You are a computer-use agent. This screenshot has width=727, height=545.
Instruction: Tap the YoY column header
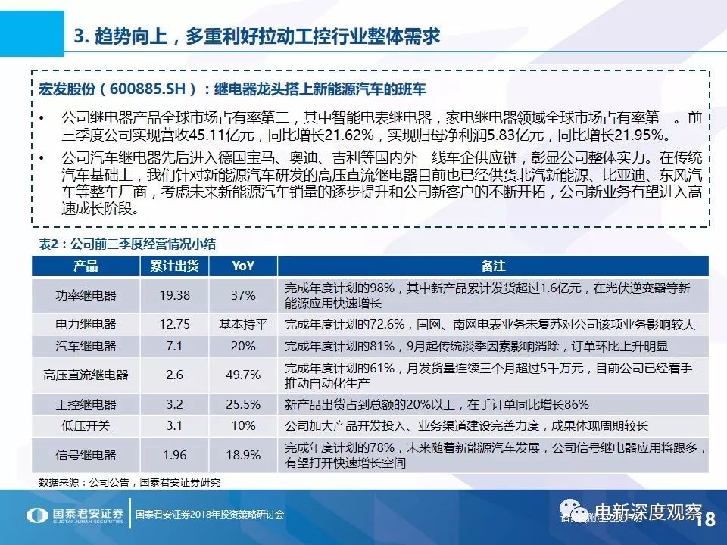(243, 266)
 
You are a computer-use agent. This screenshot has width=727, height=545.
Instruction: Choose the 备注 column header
(492, 266)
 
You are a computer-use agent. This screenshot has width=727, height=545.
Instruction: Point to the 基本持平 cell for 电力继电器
(243, 324)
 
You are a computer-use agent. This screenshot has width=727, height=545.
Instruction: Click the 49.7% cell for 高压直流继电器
(243, 375)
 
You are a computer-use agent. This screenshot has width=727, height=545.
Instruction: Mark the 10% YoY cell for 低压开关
(243, 425)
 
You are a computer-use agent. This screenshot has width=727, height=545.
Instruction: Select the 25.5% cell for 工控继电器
(243, 404)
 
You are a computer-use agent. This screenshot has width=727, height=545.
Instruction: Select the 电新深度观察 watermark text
(647, 512)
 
